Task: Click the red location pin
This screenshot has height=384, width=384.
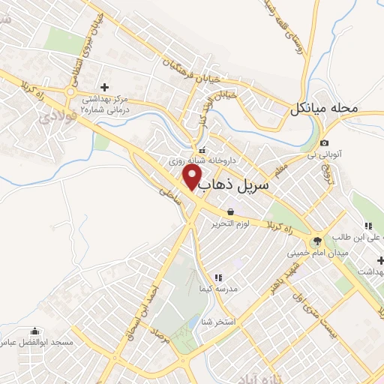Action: point(193,178)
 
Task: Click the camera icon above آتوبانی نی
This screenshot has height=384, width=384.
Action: point(324,143)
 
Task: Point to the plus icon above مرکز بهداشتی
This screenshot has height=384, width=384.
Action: point(104,88)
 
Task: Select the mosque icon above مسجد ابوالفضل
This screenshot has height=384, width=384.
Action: point(34,331)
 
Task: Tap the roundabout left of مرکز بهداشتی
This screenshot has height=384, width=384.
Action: point(71,93)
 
